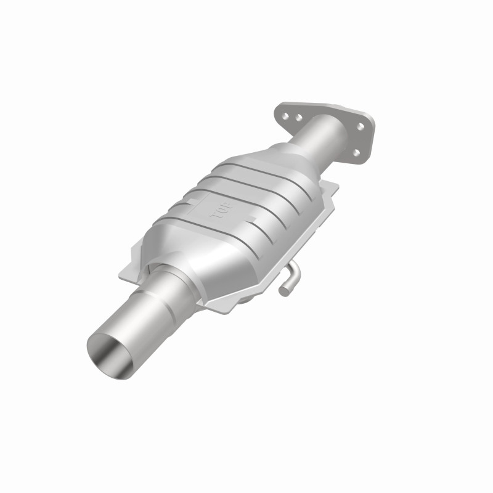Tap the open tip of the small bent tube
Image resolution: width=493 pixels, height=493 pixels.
(283, 288)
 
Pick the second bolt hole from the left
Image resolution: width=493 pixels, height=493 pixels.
(298, 116)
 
